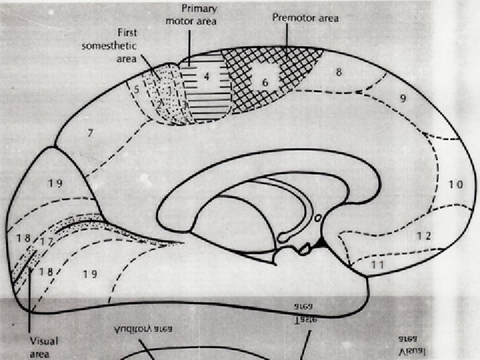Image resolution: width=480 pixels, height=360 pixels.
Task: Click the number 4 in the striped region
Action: click(x=207, y=77)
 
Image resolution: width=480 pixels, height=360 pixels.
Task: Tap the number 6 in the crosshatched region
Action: click(x=265, y=81)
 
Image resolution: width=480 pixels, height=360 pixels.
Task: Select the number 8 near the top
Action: click(x=339, y=72)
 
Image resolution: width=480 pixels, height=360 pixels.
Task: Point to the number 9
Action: click(x=403, y=99)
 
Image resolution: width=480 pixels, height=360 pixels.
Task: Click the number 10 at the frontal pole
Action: click(x=455, y=185)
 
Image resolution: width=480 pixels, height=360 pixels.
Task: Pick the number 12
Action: click(x=424, y=235)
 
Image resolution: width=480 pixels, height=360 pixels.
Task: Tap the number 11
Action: click(x=378, y=265)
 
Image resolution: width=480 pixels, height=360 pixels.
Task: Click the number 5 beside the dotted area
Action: click(x=137, y=89)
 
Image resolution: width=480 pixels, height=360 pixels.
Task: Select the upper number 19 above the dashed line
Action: click(x=55, y=184)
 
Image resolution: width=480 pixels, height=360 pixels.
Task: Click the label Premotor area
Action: click(x=305, y=17)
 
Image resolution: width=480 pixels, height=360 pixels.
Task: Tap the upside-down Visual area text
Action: click(x=410, y=344)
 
